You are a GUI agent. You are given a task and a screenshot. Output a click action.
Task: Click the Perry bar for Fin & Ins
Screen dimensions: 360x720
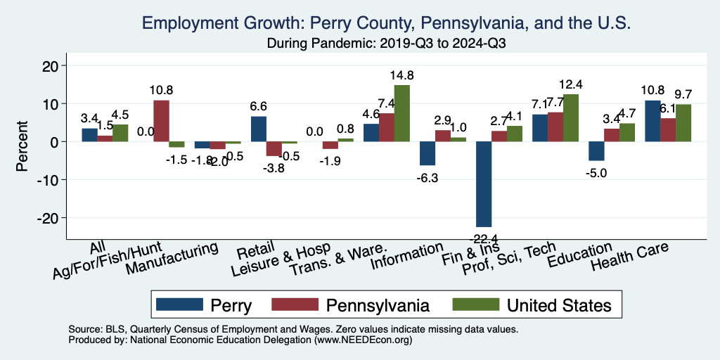click(x=484, y=184)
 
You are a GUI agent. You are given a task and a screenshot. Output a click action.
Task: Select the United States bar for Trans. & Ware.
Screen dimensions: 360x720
click(x=402, y=113)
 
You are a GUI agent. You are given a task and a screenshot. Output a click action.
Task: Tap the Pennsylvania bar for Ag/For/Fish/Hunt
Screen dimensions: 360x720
click(x=161, y=121)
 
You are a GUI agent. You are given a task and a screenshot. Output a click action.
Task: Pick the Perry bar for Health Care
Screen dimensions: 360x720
click(x=652, y=121)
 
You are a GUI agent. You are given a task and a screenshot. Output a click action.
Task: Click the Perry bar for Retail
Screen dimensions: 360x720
click(x=259, y=129)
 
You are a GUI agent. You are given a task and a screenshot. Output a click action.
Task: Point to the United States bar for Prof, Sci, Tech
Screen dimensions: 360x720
click(x=571, y=117)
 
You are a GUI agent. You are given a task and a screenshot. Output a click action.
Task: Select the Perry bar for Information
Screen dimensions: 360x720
click(x=427, y=153)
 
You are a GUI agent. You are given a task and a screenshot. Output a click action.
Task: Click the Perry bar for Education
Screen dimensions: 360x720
click(x=596, y=150)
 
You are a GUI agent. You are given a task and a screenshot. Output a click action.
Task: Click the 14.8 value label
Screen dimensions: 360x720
click(x=403, y=75)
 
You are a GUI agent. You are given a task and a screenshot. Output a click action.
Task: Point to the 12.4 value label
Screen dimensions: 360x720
click(x=571, y=84)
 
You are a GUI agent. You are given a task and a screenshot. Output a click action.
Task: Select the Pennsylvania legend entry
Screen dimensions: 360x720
click(x=359, y=304)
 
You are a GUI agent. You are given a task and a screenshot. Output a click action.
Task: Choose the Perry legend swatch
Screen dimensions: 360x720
click(x=176, y=304)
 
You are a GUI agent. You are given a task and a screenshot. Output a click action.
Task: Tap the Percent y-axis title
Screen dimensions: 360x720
click(x=22, y=141)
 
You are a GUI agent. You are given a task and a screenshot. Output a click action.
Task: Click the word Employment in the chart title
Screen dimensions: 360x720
click(x=185, y=23)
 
